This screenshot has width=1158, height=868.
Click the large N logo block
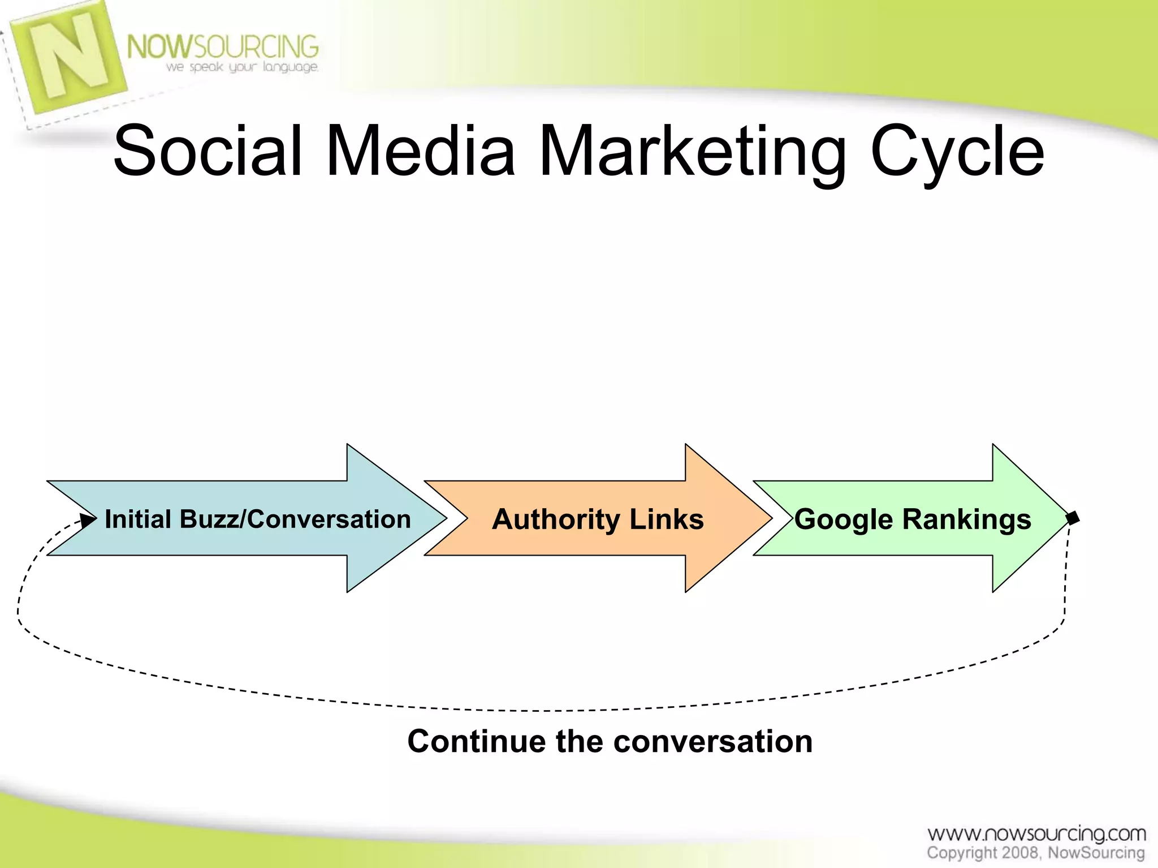(68, 57)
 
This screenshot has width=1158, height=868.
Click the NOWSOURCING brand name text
(223, 46)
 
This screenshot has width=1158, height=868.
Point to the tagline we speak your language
(242, 67)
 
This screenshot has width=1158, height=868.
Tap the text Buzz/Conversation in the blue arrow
(295, 519)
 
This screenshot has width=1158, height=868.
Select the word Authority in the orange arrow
(556, 519)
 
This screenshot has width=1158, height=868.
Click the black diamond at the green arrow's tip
(1073, 517)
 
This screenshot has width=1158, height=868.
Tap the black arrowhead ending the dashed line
(88, 519)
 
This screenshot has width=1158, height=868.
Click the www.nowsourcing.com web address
(1036, 833)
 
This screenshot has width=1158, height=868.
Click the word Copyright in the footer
(962, 853)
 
